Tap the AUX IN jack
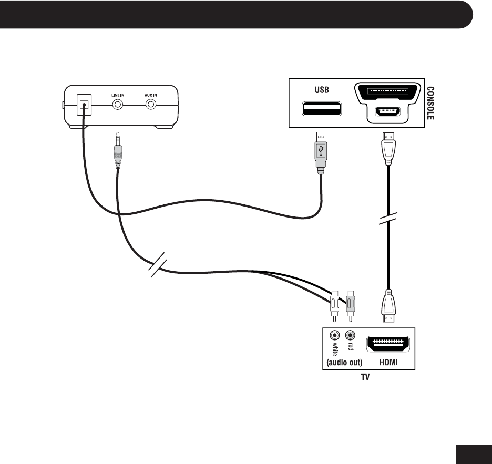(x=151, y=104)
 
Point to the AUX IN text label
(x=151, y=95)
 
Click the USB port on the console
(x=321, y=109)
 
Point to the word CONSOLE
(x=429, y=104)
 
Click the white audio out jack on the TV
(x=334, y=335)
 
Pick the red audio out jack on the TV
(x=350, y=335)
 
